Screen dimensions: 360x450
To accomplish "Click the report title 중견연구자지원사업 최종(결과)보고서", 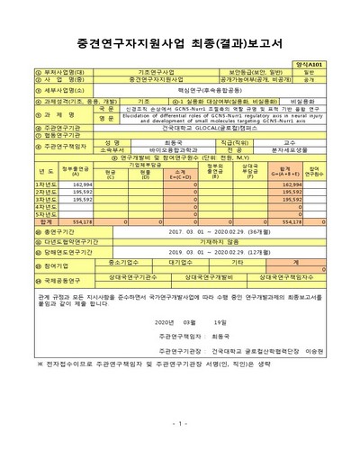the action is point(180,40).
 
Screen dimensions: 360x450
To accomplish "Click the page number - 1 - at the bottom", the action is point(180,424).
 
